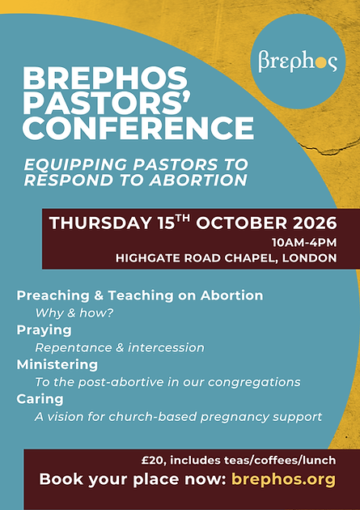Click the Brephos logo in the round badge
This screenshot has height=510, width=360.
pos(298,61)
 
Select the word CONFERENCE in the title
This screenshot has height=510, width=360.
pos(138,128)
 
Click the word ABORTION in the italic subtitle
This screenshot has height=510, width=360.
pos(198,181)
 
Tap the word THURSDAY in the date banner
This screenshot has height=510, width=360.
pos(101,223)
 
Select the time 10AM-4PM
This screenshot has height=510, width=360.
pos(304,243)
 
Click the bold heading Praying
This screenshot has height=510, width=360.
pos(44,330)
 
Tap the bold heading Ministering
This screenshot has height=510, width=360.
pos(57,364)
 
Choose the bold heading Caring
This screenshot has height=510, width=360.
pos(40,399)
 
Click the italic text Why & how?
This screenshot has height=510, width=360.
pos(74,313)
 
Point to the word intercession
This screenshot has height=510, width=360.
pos(166,347)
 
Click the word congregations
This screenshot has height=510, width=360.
pos(254,382)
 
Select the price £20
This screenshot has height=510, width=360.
pos(154,461)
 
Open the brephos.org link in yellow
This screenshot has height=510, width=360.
pos(283,479)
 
